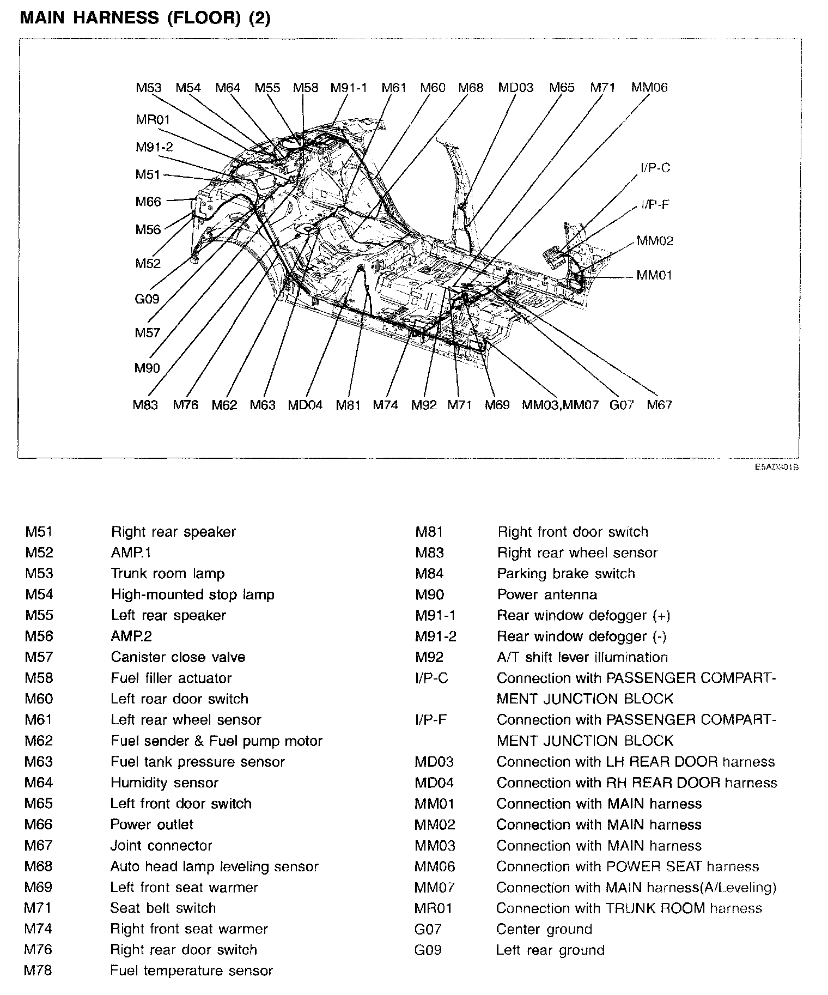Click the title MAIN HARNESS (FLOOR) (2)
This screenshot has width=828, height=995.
point(145,17)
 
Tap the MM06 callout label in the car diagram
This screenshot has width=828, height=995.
point(649,88)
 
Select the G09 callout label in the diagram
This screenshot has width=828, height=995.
point(147,299)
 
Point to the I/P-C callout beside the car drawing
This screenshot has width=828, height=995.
point(655,168)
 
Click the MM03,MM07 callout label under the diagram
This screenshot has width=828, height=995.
point(560,405)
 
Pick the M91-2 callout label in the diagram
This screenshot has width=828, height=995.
point(154,147)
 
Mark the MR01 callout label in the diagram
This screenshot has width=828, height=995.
point(153,119)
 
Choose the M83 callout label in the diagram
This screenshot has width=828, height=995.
point(145,405)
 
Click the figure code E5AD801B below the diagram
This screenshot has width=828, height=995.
point(777,467)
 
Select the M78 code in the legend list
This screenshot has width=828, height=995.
point(39,970)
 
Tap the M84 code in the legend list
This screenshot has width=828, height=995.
point(429,573)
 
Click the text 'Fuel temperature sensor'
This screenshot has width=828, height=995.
point(191,970)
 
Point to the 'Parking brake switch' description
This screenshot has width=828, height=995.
point(566,573)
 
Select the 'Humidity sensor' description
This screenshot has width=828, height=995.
point(165,782)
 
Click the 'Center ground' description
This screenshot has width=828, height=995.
point(544,929)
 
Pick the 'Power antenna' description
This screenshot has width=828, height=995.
point(547,594)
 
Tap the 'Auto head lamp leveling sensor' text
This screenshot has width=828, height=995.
point(214,866)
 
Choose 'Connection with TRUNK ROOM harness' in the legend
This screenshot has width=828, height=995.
point(629,908)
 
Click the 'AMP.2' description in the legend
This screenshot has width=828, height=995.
point(131,636)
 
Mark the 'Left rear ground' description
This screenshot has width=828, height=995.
point(550,950)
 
